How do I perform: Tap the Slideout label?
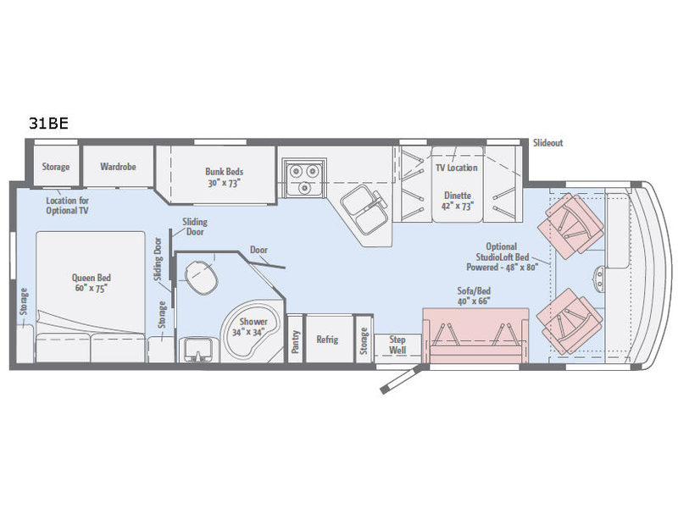point(547,143)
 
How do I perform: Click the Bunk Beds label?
point(224,174)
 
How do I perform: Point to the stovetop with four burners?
point(303,174)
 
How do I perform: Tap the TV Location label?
point(457,168)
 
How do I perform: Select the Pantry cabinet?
point(295,339)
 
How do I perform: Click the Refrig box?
point(327,339)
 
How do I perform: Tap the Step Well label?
point(397,344)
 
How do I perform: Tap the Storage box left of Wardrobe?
point(56,167)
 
